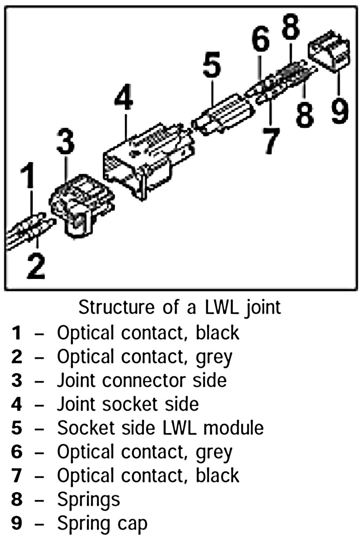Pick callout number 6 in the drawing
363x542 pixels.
click(x=261, y=41)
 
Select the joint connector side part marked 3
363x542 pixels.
click(x=82, y=203)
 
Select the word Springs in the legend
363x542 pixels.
click(x=88, y=500)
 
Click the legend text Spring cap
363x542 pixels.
click(x=102, y=523)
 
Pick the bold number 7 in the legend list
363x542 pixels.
click(x=16, y=476)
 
